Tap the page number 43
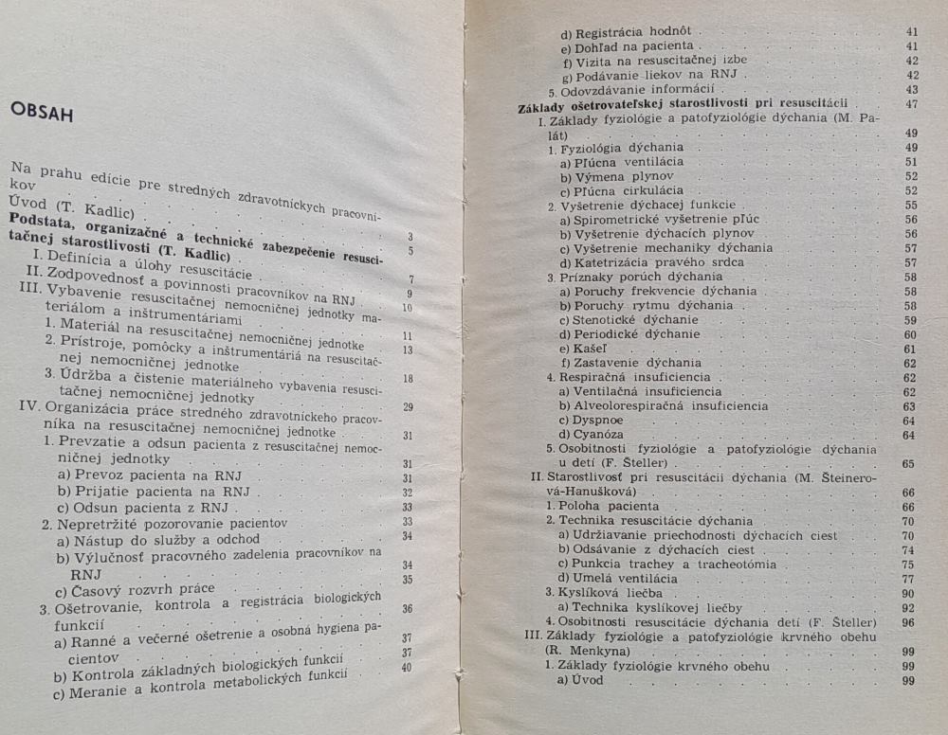point(912,89)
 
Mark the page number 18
point(407,380)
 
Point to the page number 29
point(407,408)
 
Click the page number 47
point(912,104)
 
